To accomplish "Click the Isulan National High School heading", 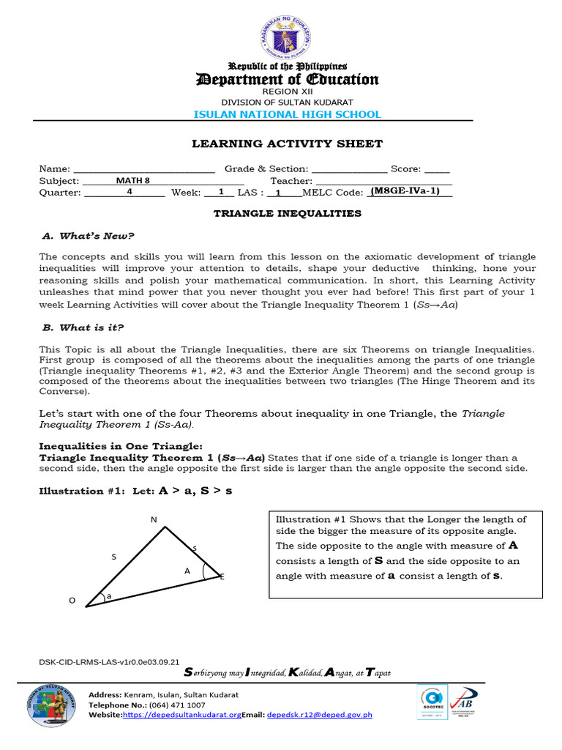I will (x=287, y=114).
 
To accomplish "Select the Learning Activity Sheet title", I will (x=287, y=144).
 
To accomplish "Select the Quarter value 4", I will (x=130, y=192).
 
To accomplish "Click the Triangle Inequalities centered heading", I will (x=287, y=214).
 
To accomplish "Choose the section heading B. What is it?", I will (x=88, y=327).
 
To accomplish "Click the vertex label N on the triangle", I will (x=154, y=519).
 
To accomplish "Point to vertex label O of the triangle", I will (x=72, y=601).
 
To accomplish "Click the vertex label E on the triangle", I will (x=222, y=577).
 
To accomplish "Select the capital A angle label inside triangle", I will (x=187, y=569).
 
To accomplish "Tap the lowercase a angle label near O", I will (x=109, y=596).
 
